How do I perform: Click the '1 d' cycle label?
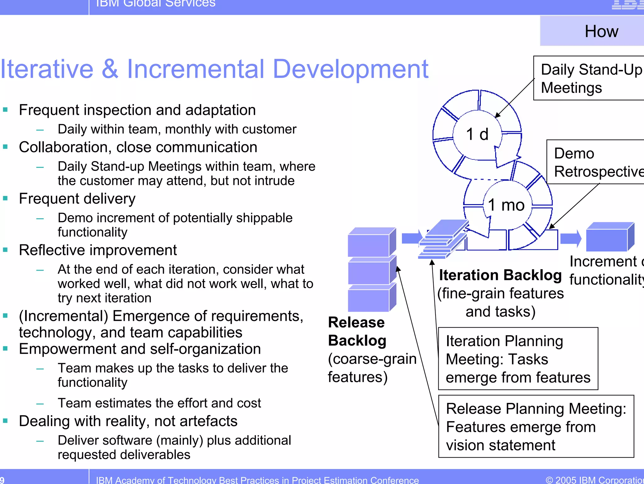click(x=477, y=134)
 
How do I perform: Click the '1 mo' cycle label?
click(x=506, y=205)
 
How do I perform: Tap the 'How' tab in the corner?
click(x=601, y=31)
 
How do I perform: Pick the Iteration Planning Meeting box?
click(x=518, y=359)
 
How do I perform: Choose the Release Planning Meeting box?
click(x=536, y=426)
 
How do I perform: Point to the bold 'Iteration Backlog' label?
click(x=500, y=275)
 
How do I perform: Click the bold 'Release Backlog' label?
click(x=357, y=331)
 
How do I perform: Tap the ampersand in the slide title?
click(x=110, y=69)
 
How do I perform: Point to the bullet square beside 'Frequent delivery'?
click(x=5, y=198)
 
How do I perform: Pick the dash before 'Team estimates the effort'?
click(x=40, y=403)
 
